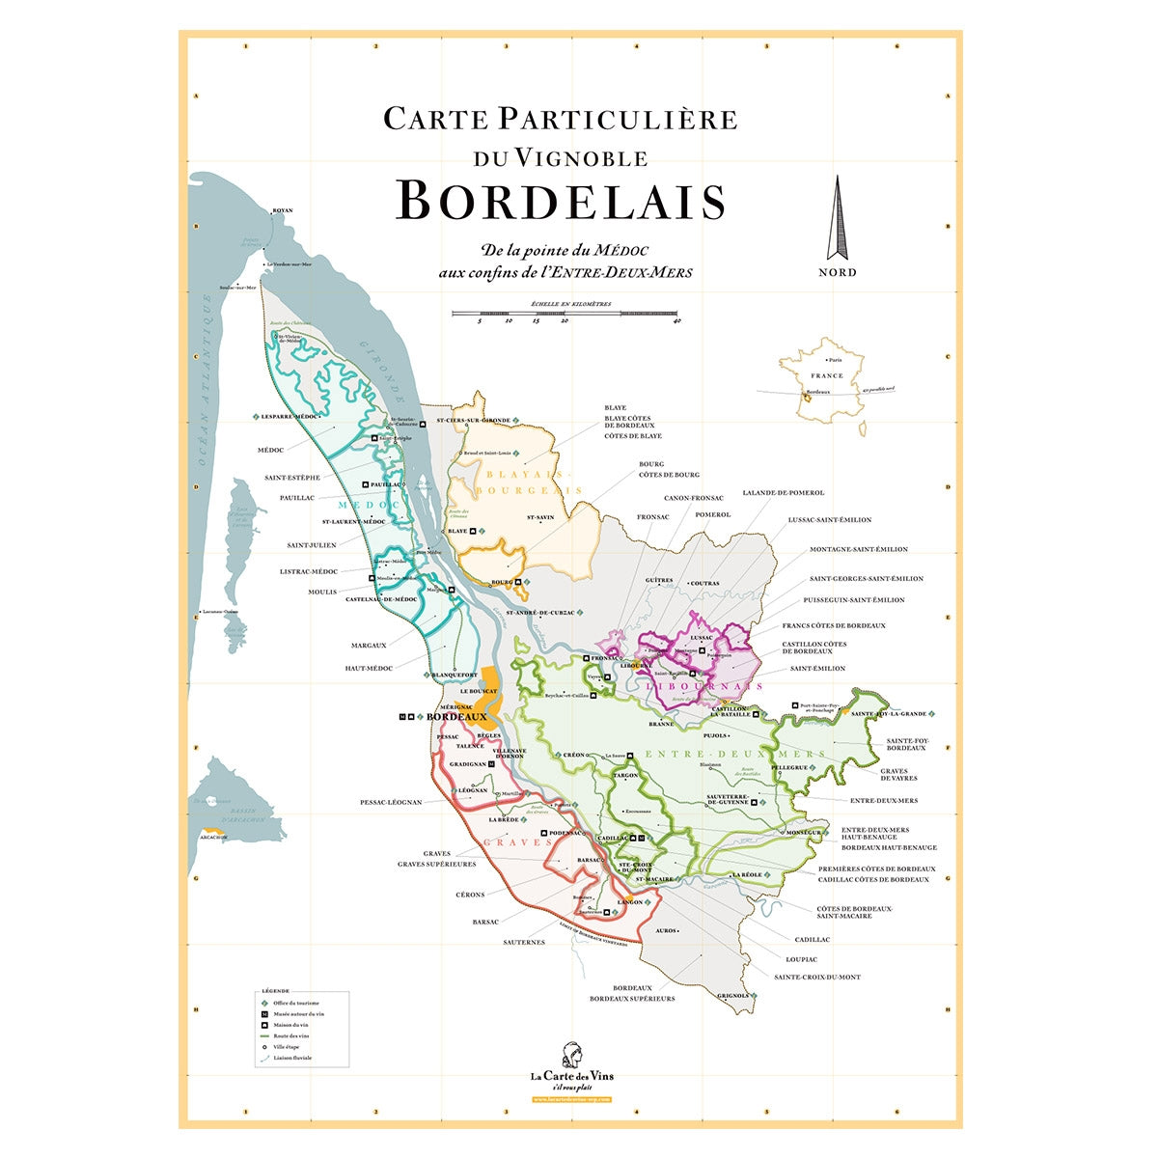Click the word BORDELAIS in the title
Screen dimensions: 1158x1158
(561, 201)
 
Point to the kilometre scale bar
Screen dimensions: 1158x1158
(566, 314)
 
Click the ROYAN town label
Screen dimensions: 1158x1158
(282, 209)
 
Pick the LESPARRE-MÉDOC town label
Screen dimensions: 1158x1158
(289, 416)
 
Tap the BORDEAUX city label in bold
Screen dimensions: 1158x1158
(456, 717)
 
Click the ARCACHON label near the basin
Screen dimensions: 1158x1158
(213, 837)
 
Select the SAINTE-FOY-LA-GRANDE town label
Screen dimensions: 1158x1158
(888, 713)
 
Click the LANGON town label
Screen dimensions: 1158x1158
(629, 902)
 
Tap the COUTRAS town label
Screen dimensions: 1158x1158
(704, 583)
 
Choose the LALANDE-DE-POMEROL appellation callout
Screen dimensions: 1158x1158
(783, 493)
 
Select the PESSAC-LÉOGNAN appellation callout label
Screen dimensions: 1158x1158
(391, 802)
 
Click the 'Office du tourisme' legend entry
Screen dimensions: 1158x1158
(295, 1003)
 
